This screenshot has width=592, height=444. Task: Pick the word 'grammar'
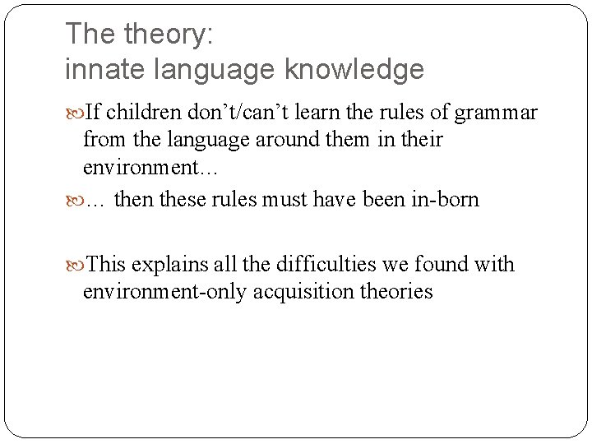click(496, 113)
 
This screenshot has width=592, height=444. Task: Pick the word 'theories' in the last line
click(395, 291)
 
